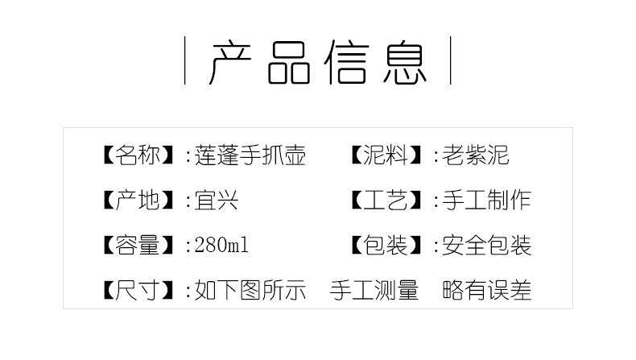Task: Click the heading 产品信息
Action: pyautogui.click(x=317, y=61)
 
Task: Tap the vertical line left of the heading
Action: pyautogui.click(x=186, y=60)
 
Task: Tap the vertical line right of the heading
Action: pyautogui.click(x=449, y=60)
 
